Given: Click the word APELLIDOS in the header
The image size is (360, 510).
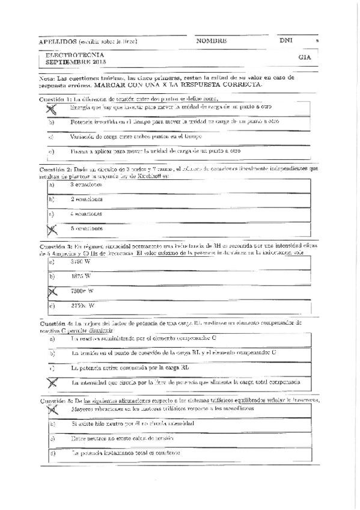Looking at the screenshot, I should click(x=56, y=41).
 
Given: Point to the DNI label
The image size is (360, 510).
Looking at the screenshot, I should click(x=285, y=40).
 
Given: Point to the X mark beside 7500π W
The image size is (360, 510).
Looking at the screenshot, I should click(x=52, y=291).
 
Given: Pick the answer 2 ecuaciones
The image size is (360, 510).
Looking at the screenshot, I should click(x=86, y=198).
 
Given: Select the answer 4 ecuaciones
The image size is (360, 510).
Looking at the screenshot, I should click(x=86, y=214).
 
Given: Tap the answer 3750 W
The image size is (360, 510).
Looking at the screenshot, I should click(x=81, y=262).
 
